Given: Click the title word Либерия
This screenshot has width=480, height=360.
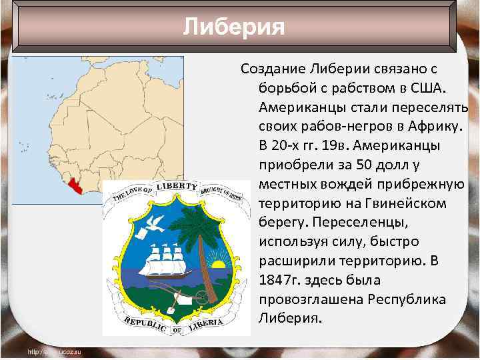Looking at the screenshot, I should (x=233, y=27).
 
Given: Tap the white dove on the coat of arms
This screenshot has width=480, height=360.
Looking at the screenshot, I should (x=157, y=223).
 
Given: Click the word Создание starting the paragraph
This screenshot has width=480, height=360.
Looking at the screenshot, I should (x=272, y=69).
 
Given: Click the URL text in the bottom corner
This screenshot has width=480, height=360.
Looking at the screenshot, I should (x=53, y=351).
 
